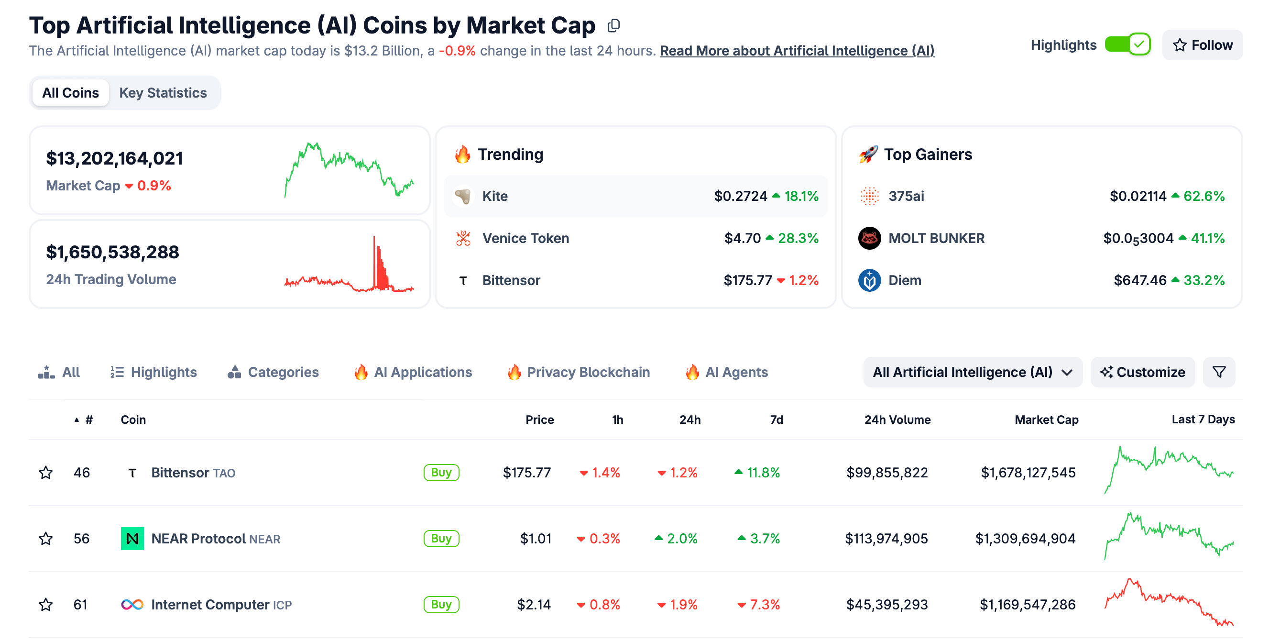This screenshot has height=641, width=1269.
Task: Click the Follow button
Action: point(1203,45)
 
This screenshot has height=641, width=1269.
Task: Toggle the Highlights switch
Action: point(1127,45)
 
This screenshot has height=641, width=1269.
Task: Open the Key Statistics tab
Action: point(163,93)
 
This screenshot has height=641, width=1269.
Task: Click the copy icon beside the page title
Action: point(613,26)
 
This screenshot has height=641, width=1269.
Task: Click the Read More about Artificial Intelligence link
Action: point(797,51)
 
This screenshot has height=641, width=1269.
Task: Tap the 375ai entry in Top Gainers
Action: point(906,196)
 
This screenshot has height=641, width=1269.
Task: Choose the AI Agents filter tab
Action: point(736,372)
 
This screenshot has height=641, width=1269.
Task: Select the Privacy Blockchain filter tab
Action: point(588,372)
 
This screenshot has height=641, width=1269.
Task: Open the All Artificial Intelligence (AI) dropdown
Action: point(972,372)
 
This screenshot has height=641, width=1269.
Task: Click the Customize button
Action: point(1142,372)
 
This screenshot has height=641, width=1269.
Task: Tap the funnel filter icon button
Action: point(1219,372)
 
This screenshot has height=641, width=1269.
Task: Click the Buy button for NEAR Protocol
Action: point(441,539)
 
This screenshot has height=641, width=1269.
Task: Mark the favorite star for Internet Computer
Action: point(46,605)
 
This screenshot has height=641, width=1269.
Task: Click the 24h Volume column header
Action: point(897,420)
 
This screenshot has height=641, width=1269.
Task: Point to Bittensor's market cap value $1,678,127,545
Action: point(1028,473)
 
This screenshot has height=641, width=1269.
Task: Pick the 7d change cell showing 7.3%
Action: point(759,605)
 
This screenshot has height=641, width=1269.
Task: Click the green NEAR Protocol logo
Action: point(132,539)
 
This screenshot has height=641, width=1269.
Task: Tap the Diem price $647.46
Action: point(1139,280)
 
